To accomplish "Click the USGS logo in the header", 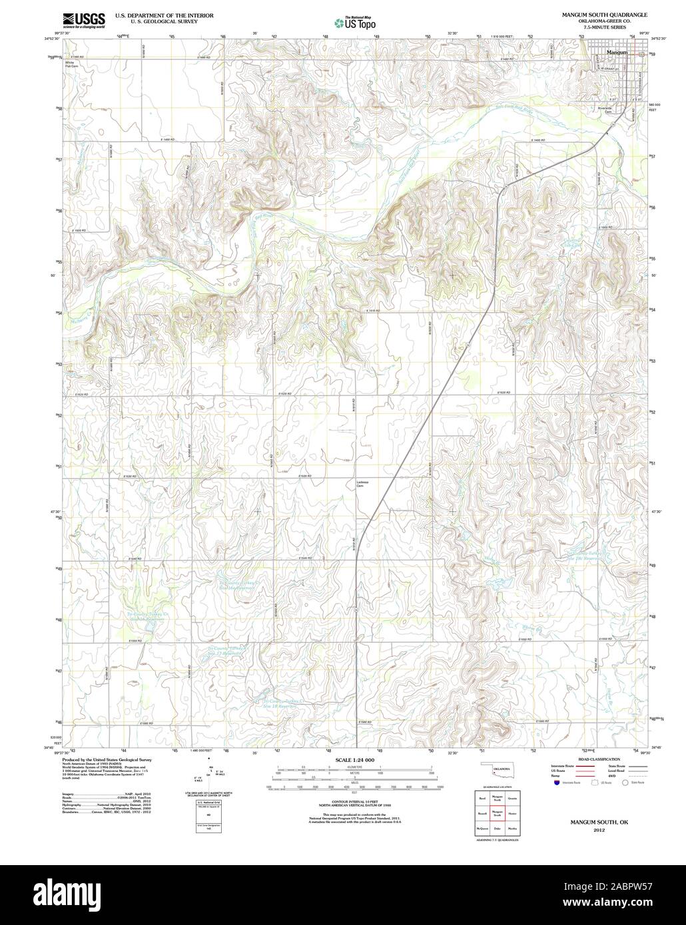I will tap(84, 21).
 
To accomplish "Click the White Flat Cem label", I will tap(72, 64).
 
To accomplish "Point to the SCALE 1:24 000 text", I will tap(355, 760).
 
